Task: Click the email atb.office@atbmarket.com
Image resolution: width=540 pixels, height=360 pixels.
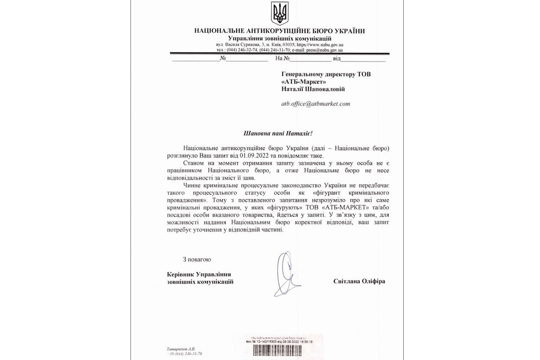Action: (315, 104)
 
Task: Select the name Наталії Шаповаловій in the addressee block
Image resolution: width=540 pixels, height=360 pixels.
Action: (313, 89)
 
